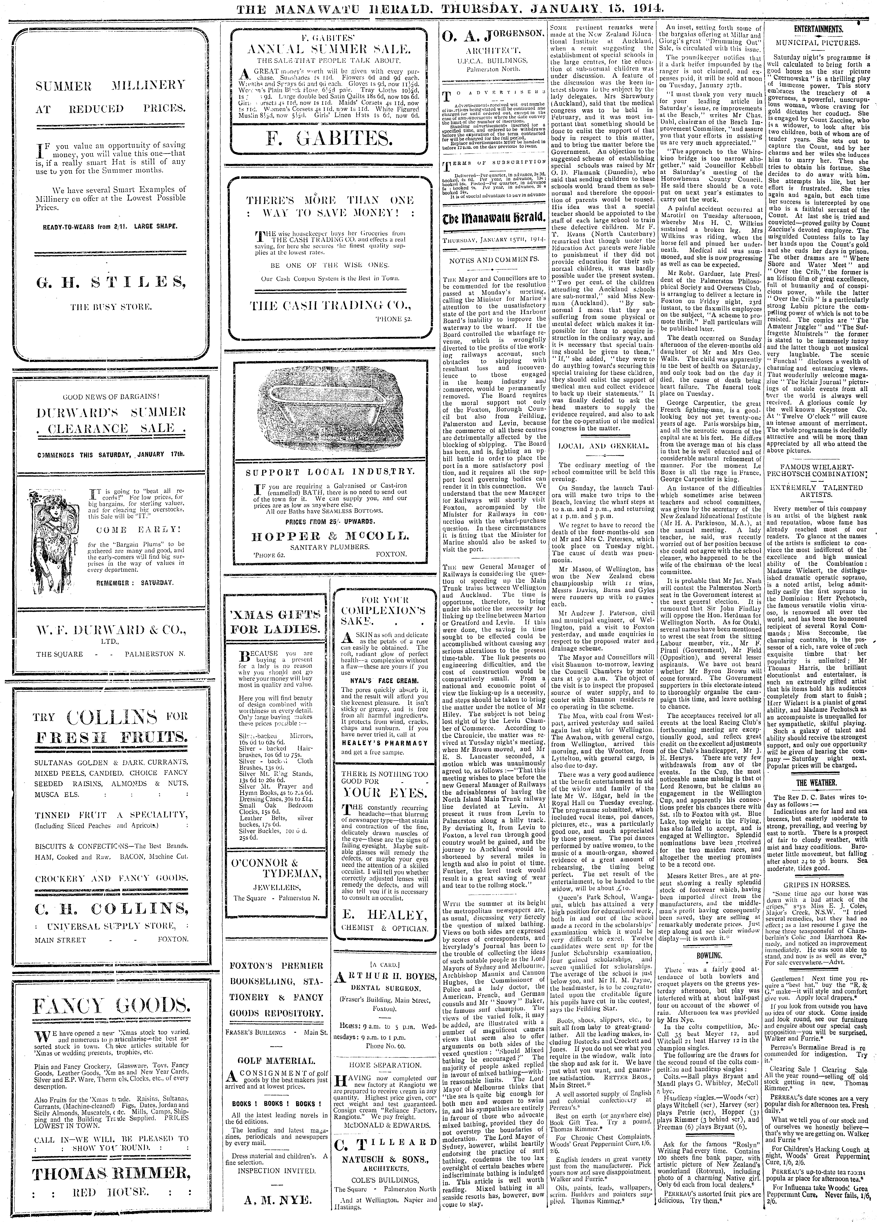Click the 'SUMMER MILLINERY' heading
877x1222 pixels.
[x=110, y=85]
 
